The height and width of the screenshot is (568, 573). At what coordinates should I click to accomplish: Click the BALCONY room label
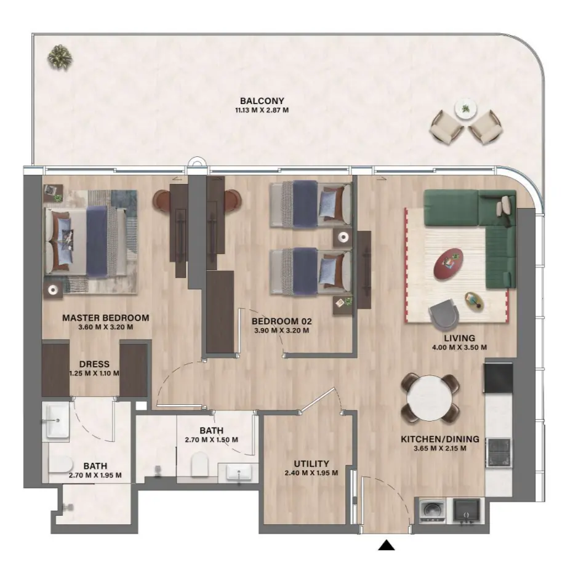(262, 101)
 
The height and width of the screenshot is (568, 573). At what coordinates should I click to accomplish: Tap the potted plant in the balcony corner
(60, 57)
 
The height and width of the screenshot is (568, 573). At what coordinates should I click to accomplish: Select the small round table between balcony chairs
(465, 109)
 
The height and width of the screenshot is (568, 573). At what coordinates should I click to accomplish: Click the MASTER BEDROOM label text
(105, 318)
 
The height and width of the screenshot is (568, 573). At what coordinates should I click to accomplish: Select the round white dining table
(430, 397)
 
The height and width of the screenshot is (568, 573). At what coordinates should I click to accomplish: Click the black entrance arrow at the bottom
(386, 545)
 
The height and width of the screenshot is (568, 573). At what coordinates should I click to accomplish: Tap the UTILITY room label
(311, 463)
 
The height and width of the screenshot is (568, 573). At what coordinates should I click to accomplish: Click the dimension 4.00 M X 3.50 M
(459, 347)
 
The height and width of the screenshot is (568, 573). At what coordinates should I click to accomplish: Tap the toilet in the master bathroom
(61, 469)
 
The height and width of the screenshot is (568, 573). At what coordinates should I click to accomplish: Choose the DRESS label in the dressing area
(94, 364)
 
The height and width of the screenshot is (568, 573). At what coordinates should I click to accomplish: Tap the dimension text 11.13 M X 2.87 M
(262, 111)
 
